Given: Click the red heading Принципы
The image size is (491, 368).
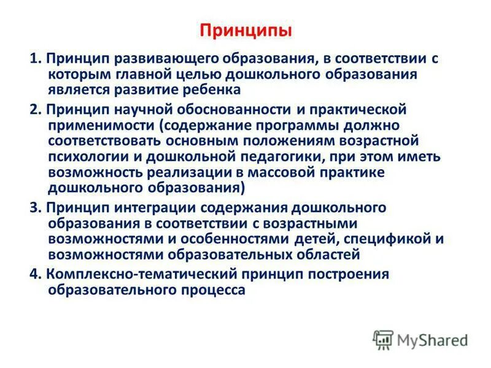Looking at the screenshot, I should click(245, 30).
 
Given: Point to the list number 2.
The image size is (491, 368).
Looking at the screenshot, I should click(34, 109).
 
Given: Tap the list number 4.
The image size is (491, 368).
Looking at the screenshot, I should click(34, 274).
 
